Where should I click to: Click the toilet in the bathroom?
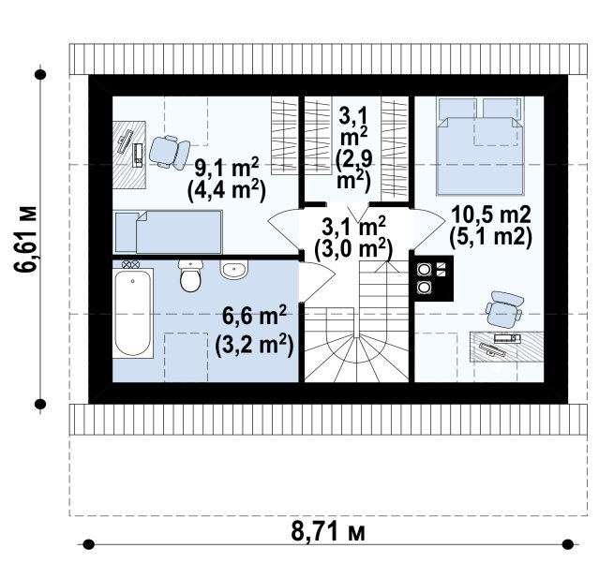click(190, 275)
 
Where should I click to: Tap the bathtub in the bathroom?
click(133, 313)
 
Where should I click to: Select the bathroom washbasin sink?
click(234, 270)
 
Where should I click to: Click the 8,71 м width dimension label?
click(328, 532)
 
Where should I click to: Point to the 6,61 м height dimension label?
click(25, 239)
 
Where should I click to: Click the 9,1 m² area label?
click(227, 169)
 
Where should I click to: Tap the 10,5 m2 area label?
click(491, 215)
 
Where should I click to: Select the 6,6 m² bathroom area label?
click(255, 316)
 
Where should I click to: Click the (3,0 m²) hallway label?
click(353, 249)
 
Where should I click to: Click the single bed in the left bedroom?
click(168, 231)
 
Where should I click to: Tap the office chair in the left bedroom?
click(169, 152)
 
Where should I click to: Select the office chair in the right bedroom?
click(504, 309)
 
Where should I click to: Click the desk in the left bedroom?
click(129, 155)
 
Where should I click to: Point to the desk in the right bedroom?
click(507, 347)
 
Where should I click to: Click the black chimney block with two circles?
click(434, 278)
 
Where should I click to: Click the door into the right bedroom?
click(427, 229)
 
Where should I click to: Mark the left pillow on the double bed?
click(457, 108)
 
